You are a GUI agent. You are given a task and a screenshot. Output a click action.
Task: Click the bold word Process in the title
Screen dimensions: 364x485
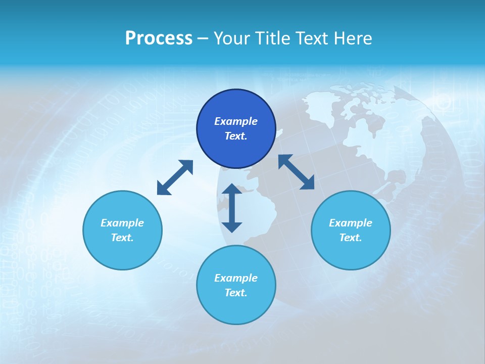(159, 38)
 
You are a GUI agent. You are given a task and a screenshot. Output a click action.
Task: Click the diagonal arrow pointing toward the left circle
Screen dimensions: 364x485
(175, 177)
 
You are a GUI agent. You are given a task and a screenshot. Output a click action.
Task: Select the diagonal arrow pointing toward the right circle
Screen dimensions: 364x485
(296, 172)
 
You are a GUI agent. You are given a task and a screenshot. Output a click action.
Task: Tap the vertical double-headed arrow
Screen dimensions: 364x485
(232, 208)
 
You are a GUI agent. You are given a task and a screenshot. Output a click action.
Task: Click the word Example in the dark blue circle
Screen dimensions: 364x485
(236, 121)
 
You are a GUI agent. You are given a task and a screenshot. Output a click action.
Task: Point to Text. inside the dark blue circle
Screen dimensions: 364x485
(236, 136)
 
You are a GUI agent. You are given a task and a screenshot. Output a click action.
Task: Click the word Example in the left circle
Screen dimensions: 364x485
(122, 223)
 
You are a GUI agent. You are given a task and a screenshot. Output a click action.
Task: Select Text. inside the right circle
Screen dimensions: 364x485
(351, 238)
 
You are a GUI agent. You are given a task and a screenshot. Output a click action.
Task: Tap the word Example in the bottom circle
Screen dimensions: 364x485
(236, 278)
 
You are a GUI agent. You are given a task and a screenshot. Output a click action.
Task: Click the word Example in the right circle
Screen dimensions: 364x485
(351, 223)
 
